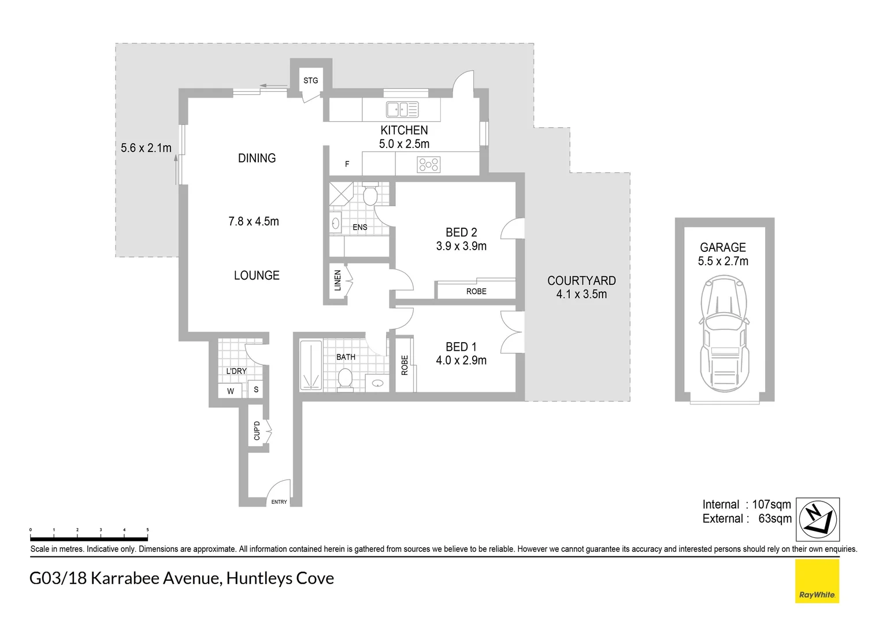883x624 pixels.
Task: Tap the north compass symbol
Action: (818, 519)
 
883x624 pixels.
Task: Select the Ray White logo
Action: (817, 581)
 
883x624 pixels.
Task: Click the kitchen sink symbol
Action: (402, 109)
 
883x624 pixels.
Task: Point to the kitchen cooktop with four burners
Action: (428, 165)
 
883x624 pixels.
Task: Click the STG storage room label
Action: (310, 80)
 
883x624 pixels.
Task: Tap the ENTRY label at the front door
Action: (279, 502)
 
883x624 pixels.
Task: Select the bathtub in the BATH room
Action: (311, 365)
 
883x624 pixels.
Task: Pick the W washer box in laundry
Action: (231, 391)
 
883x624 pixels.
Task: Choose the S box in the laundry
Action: (256, 389)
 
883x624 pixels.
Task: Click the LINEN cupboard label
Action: (338, 280)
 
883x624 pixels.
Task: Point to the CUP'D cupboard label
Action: (257, 430)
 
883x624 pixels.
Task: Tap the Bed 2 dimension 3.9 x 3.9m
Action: (461, 246)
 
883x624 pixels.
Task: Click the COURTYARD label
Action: (581, 281)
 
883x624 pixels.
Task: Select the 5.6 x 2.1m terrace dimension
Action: (146, 148)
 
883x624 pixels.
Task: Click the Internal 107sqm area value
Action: (771, 504)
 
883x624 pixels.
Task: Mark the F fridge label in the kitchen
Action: (347, 164)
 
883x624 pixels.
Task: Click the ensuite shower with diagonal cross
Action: (341, 194)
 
